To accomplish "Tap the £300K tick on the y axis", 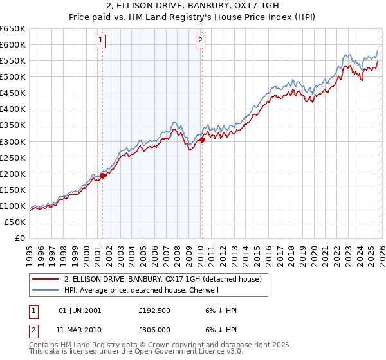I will click(13, 141).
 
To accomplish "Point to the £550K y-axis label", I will click(13, 61).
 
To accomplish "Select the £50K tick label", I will click(15, 222).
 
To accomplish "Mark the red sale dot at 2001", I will click(102, 175).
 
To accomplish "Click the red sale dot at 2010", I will click(202, 139).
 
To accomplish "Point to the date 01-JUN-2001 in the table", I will click(80, 310).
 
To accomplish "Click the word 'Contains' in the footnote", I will click(45, 346).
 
